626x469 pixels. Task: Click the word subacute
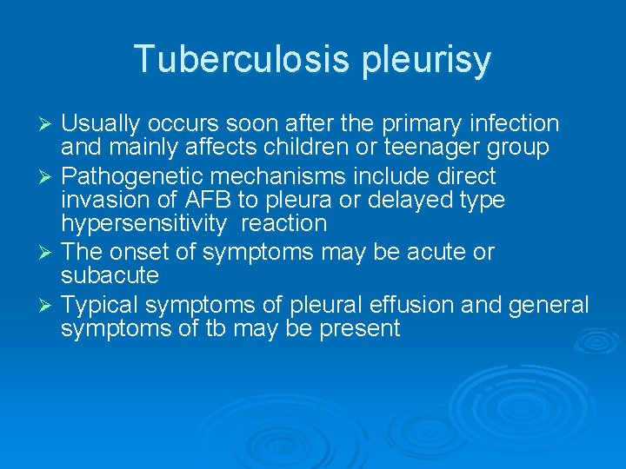point(110,276)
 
